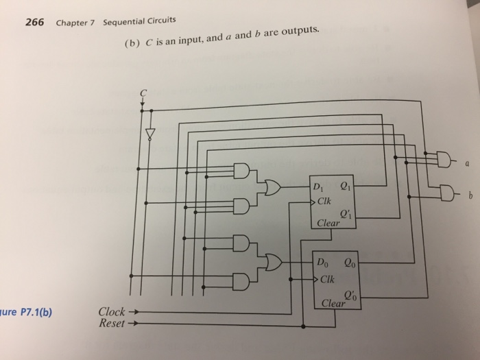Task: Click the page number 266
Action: click(x=34, y=22)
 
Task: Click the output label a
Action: click(x=467, y=165)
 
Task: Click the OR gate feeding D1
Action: click(x=273, y=187)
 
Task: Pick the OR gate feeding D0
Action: click(x=273, y=262)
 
